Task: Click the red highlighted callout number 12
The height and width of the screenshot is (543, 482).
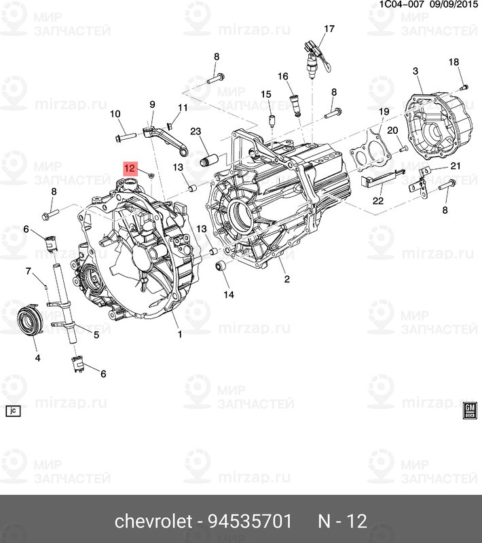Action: click(x=130, y=167)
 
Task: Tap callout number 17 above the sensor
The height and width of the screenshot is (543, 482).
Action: click(x=329, y=29)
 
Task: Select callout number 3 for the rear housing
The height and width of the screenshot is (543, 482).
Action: click(x=415, y=71)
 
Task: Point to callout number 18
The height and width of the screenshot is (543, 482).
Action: click(x=453, y=62)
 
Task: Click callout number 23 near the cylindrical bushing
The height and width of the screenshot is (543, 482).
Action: click(x=196, y=132)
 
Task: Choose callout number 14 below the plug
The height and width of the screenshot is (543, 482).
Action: click(x=228, y=295)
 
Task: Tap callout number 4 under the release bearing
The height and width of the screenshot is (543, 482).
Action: click(x=37, y=357)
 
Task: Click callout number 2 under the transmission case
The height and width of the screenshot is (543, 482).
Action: click(x=286, y=279)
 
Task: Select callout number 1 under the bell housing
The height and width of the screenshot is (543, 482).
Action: click(x=180, y=334)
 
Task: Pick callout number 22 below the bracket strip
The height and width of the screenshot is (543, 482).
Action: click(x=377, y=201)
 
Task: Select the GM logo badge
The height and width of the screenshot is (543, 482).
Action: click(x=468, y=409)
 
